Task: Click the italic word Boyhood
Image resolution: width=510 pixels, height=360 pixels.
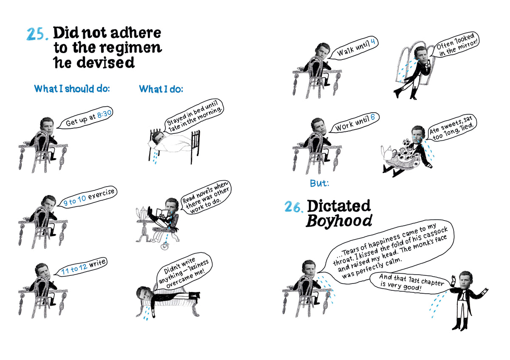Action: tap(339, 221)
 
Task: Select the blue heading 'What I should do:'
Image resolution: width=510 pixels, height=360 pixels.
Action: tap(72, 88)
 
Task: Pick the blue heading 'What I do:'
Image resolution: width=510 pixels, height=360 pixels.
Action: tap(161, 89)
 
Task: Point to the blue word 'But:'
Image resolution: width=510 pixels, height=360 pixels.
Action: tap(320, 183)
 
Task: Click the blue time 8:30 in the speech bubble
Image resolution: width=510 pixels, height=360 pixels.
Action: tap(105, 114)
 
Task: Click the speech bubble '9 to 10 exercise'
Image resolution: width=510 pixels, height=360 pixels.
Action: tap(88, 197)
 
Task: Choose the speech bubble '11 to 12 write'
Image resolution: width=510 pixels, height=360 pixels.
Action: tap(81, 266)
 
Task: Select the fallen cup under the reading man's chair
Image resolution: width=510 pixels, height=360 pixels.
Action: tap(164, 246)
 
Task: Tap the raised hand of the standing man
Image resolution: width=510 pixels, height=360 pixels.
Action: tap(453, 279)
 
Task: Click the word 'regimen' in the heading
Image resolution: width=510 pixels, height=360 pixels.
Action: tap(131, 48)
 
